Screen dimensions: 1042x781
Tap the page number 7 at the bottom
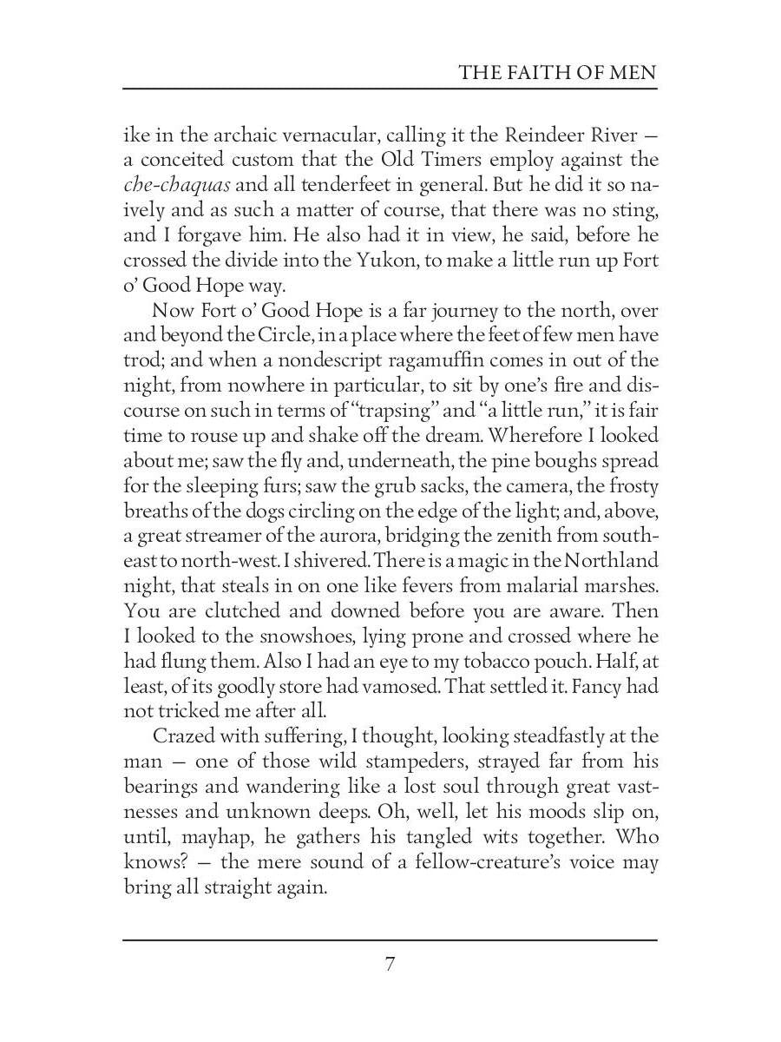(390, 964)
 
